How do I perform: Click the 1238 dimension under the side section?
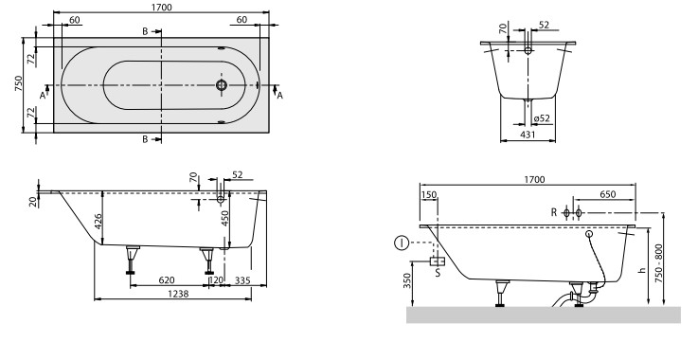pos(178,294)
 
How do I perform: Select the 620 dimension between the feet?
pos(167,280)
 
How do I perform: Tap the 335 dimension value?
pos(242,280)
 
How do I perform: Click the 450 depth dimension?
pos(224,219)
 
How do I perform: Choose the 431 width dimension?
pos(528,135)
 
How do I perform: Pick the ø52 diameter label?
pos(542,118)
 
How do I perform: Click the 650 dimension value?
pos(608,194)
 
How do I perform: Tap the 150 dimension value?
pos(429,195)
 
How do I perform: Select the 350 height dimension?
pos(407,281)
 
